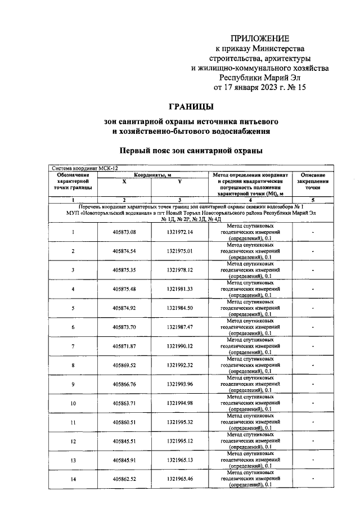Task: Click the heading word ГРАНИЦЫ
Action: [192, 106]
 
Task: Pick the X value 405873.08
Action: [124, 232]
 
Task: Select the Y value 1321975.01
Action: [179, 251]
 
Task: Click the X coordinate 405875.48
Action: [124, 289]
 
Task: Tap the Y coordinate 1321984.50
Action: [179, 308]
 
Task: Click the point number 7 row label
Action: [73, 346]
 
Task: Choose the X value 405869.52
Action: [124, 365]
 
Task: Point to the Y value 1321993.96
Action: [179, 384]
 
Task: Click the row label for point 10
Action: [73, 403]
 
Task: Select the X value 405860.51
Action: [124, 422]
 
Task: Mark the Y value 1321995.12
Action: [179, 441]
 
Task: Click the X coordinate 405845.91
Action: [124, 460]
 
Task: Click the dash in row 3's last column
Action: [313, 270]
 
